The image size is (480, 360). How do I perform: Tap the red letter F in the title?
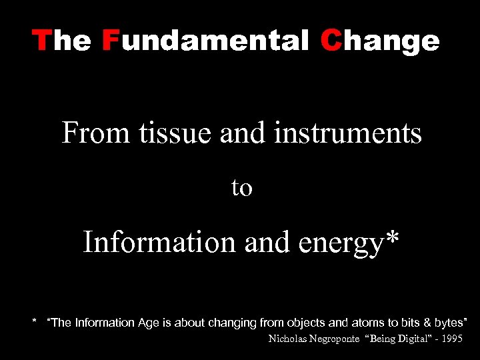tap(110, 41)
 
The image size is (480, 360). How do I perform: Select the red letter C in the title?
tap(330, 41)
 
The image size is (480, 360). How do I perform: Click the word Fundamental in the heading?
tap(206, 41)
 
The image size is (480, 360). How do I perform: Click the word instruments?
tap(347, 133)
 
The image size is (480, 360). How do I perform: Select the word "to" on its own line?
tap(241, 188)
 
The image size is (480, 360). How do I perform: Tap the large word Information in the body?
tap(159, 241)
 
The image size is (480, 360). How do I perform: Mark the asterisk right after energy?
tap(393, 237)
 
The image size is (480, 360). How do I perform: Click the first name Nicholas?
tap(285, 339)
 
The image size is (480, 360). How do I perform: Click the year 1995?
tap(451, 339)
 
